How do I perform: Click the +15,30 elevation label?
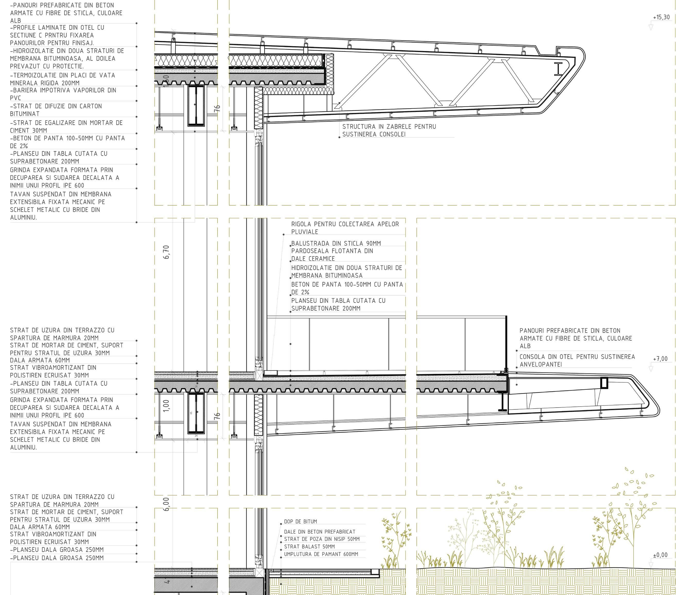point(661,17)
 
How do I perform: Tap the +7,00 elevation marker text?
point(660,359)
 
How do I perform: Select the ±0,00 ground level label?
point(660,555)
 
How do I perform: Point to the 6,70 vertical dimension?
point(167,252)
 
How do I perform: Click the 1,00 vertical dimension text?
point(167,406)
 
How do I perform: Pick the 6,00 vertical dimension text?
point(167,504)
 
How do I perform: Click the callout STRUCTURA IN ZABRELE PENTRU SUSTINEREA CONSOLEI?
point(389,130)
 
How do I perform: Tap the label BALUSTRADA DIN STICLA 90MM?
point(336,243)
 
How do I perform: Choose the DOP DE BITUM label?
point(300,522)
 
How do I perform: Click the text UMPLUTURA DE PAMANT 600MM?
point(321,554)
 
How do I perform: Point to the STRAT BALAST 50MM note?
point(309,547)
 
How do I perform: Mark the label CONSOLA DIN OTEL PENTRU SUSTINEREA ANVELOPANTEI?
point(577,361)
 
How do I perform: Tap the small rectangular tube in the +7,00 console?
point(604,383)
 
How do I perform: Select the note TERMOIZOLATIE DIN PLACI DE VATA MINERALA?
point(63,79)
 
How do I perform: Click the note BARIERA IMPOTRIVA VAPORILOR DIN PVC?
point(63,94)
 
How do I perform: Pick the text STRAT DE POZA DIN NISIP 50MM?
point(322,539)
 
